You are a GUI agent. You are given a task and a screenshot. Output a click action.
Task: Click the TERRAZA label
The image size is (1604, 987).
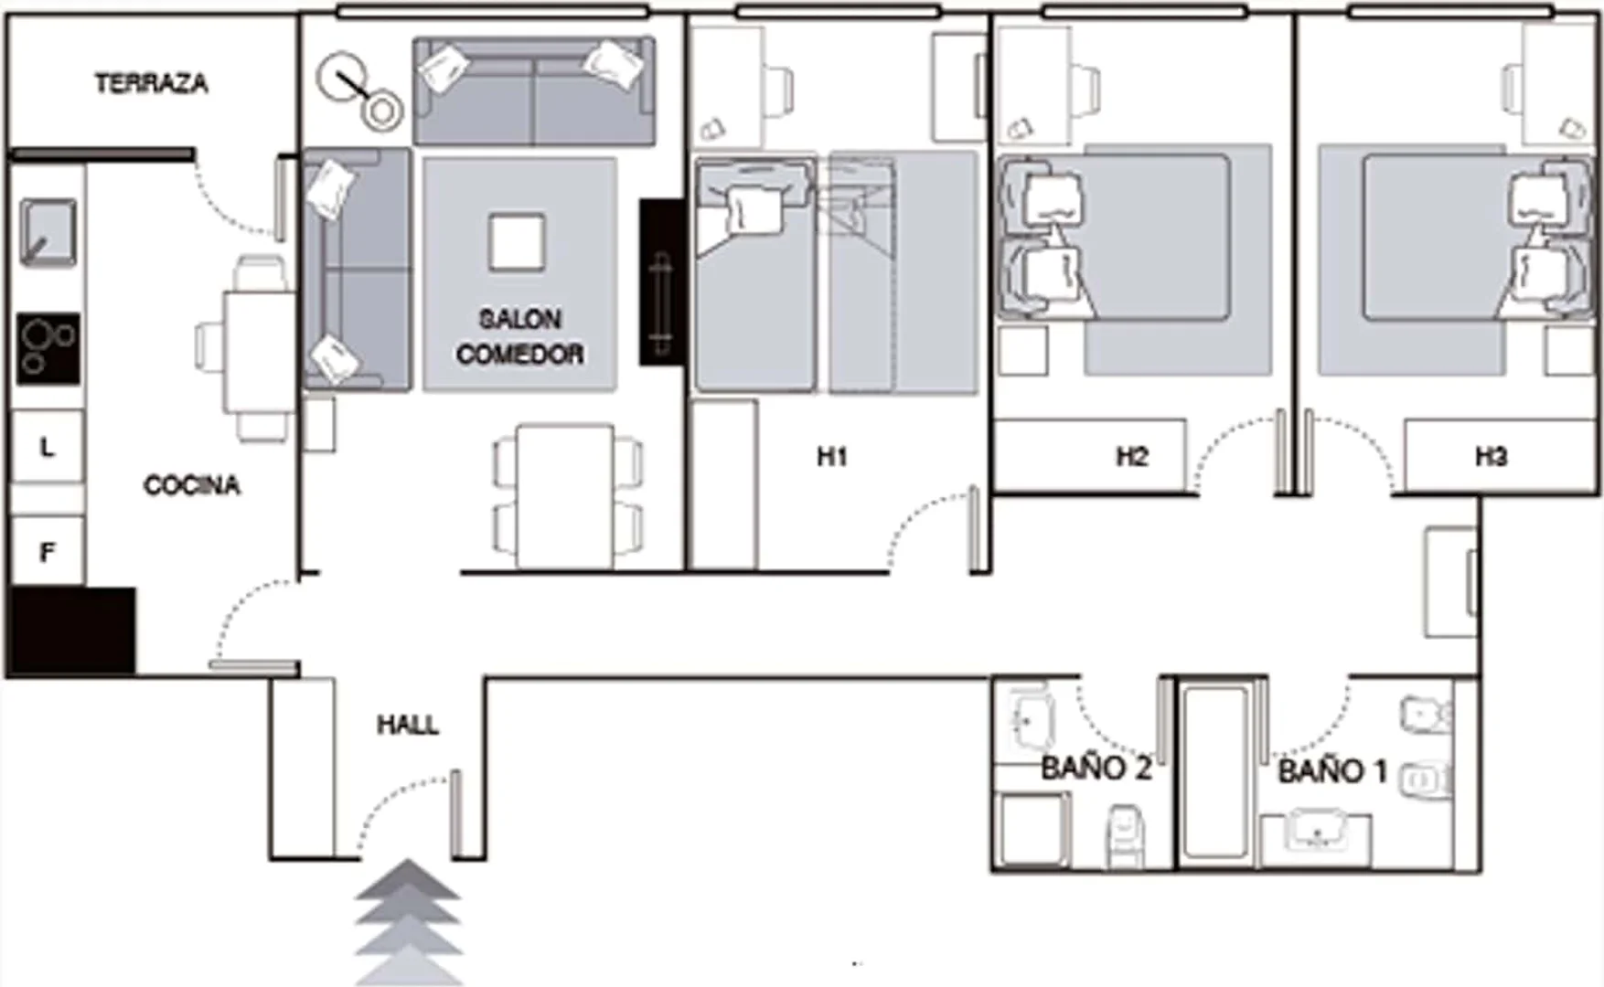152,83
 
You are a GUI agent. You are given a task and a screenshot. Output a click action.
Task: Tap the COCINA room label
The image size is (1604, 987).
192,484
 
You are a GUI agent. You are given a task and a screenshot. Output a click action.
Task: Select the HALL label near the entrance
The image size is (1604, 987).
408,725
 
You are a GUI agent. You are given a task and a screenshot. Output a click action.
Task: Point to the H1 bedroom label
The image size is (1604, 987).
832,456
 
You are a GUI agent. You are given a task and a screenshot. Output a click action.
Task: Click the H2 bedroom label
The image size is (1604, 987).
1132,456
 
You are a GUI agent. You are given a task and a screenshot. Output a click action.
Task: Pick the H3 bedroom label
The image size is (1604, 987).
1491,456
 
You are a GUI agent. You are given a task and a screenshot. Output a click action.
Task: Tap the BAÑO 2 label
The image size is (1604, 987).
1096,769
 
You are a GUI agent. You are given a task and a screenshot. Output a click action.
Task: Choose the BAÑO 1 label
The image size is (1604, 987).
1332,771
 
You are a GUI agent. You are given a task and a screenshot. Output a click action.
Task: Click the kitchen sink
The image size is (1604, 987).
48,233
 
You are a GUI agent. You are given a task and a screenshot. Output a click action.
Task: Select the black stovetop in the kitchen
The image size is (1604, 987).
48,349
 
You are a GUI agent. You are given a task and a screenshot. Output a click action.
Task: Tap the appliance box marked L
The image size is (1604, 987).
48,447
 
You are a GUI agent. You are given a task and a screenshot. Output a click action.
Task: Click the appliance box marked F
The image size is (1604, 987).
48,551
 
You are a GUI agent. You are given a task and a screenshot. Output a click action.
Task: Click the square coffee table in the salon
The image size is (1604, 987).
517,242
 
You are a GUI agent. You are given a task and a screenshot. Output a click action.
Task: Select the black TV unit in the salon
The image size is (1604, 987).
661,282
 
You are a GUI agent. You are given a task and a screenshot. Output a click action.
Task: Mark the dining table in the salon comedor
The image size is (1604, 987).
564,495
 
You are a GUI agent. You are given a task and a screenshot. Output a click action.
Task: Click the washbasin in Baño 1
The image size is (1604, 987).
1317,832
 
